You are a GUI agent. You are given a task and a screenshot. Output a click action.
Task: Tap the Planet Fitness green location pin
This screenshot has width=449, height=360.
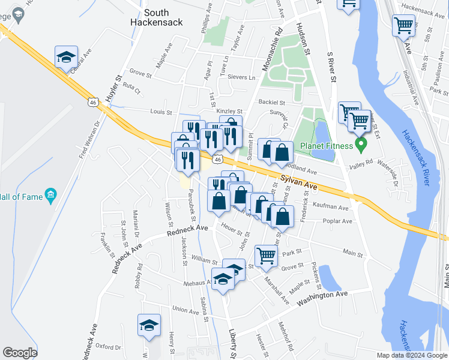click(x=361, y=144)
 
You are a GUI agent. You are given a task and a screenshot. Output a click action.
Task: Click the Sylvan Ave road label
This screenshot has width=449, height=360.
click(x=298, y=181)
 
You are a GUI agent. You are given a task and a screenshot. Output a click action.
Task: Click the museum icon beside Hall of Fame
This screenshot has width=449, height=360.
click(x=50, y=194)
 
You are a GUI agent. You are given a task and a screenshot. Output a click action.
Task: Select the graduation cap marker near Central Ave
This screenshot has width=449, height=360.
click(x=65, y=58)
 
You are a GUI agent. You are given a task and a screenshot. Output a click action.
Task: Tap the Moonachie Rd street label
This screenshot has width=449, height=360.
click(x=268, y=50)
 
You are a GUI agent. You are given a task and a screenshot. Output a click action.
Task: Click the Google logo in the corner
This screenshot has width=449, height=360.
click(x=20, y=353)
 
